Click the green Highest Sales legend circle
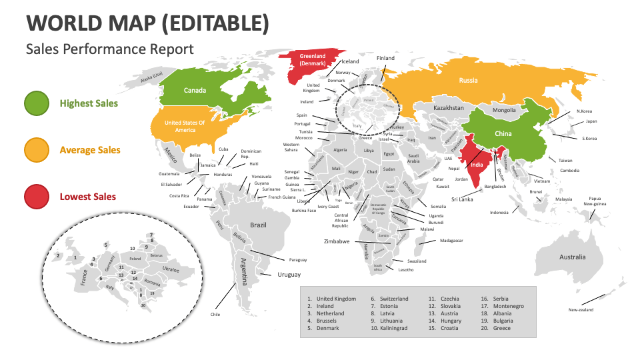(x=36, y=103)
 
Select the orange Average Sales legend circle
(x=36, y=150)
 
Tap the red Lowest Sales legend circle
(x=36, y=197)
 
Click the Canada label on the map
(x=195, y=91)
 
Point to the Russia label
(x=468, y=81)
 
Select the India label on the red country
(x=477, y=165)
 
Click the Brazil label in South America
(x=258, y=225)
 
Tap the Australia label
(x=572, y=257)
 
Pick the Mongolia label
(x=504, y=110)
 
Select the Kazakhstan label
(x=449, y=107)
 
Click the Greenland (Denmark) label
(x=312, y=60)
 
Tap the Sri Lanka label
(x=462, y=199)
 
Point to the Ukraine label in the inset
(x=170, y=269)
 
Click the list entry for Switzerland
(x=394, y=299)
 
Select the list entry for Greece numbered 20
(x=501, y=328)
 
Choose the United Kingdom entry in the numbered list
(x=336, y=299)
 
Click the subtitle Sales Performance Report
(x=110, y=49)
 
